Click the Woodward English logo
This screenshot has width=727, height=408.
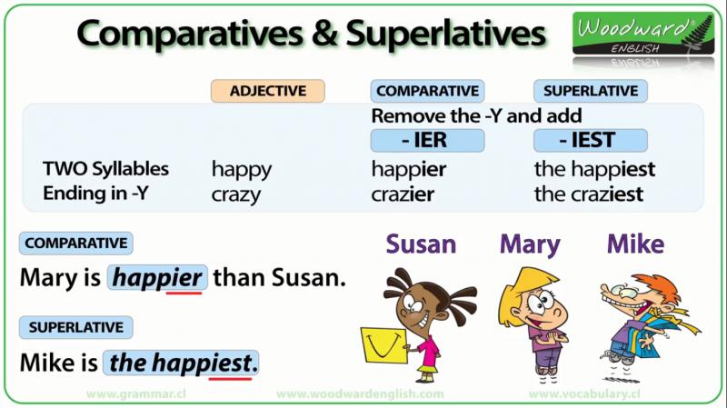643,34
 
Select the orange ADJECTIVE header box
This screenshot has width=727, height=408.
268,91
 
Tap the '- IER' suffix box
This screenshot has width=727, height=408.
427,140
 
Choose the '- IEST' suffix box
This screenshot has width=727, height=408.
590,140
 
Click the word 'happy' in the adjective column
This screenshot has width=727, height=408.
242,170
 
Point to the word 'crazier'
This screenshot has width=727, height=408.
403,194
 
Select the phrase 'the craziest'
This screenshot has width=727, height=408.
589,194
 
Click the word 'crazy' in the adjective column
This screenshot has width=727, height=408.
236,195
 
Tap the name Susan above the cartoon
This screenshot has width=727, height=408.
421,244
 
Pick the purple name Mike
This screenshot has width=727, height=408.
635,244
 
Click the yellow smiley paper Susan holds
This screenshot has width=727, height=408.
384,345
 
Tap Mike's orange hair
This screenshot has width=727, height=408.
658,287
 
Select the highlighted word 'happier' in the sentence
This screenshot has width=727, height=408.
157,278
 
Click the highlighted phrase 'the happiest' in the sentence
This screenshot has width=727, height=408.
181,363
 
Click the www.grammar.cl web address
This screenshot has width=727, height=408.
135,394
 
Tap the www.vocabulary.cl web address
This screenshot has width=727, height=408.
584,394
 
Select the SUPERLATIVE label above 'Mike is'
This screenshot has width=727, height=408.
76,327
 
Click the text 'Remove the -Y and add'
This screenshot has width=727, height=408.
476,116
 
